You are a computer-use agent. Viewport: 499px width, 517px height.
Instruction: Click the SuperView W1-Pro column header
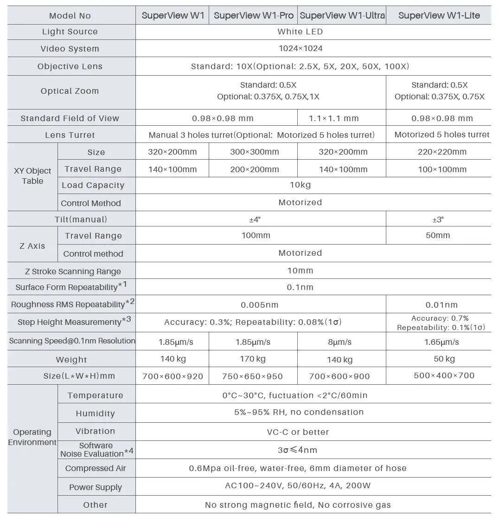coord(253,15)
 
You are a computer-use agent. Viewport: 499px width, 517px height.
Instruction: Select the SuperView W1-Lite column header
coord(439,15)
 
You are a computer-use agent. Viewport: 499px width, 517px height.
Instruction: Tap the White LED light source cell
coord(300,32)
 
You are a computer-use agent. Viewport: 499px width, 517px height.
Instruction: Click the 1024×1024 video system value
coord(301,48)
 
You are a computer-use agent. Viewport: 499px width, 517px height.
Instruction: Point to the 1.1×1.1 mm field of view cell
coord(334,118)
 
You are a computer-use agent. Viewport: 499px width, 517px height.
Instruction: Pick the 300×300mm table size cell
coord(255,152)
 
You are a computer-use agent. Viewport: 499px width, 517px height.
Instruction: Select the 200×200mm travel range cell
coord(255,169)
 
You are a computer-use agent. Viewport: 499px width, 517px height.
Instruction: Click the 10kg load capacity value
coord(300,185)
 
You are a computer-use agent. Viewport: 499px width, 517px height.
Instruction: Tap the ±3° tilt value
coord(438,219)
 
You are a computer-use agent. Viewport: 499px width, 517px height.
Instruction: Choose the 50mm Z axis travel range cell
coord(438,235)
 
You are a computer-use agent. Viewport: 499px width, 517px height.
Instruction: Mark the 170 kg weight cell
coord(253,359)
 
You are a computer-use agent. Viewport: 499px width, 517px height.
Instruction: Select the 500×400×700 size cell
coord(444,375)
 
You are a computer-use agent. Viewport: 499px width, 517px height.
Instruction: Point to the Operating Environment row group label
coord(32,437)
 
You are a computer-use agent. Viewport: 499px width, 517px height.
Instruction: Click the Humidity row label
coord(95,413)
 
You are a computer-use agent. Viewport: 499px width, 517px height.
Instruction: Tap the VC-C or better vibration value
coord(298,432)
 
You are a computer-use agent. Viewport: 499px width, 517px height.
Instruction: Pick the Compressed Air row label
coord(96,468)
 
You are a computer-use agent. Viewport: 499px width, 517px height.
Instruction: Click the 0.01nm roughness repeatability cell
coord(441,305)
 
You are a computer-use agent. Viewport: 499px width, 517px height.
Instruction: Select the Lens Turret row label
coord(70,135)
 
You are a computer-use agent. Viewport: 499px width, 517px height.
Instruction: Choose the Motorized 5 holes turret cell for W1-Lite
coord(441,135)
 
